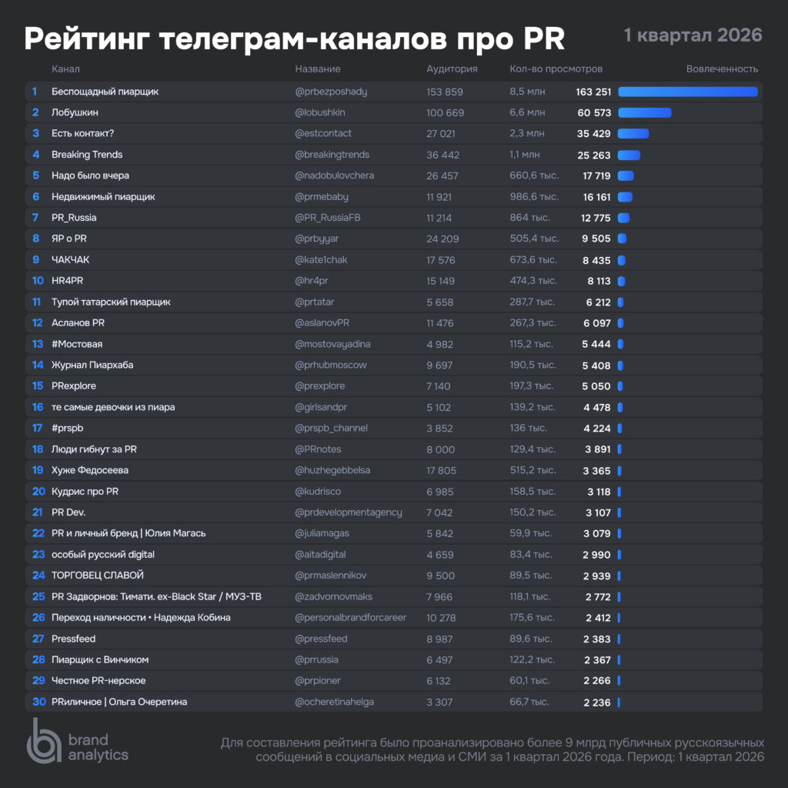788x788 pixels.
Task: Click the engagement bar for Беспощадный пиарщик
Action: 688,92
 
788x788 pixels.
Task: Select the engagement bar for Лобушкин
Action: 645,112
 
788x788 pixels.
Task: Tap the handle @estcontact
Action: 323,133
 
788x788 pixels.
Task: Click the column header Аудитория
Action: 452,69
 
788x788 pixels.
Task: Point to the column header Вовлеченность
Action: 722,69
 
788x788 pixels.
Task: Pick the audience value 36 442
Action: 445,155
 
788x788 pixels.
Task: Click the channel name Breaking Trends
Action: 87,155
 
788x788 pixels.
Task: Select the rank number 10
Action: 38,281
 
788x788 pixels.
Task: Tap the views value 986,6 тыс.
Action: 534,197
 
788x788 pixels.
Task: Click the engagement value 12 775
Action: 597,218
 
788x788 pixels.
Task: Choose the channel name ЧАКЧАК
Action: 71,260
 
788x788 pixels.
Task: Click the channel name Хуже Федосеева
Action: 90,470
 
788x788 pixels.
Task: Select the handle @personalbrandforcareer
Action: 351,617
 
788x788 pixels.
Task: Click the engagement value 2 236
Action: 597,702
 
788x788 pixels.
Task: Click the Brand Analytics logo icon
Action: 44,741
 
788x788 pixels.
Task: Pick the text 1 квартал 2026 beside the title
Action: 693,35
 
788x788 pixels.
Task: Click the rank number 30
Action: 38,702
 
